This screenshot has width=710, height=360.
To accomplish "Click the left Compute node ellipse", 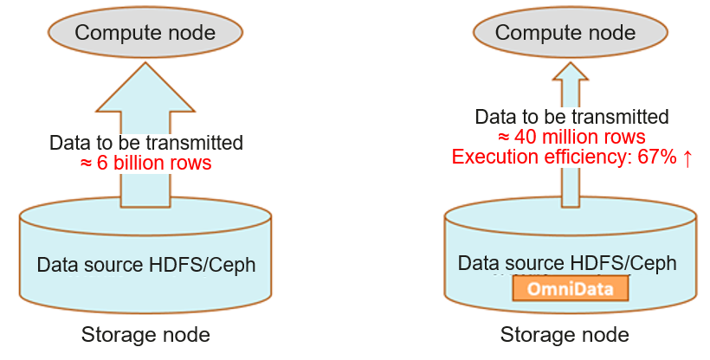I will (x=145, y=33).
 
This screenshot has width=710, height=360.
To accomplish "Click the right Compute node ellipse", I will (x=565, y=33).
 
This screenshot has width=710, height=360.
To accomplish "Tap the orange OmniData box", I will (x=569, y=288).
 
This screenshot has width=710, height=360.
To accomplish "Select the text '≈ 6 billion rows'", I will (x=145, y=163).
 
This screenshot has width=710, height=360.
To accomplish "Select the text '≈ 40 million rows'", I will (x=571, y=137).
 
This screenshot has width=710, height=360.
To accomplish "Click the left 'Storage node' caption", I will (x=145, y=334).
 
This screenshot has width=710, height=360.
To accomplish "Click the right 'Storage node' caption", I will (x=565, y=334).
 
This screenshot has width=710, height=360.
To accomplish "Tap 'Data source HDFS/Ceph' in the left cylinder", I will (x=145, y=265).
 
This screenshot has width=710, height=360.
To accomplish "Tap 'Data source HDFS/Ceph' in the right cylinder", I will (x=566, y=263).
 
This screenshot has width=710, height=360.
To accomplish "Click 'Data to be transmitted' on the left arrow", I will (x=145, y=143).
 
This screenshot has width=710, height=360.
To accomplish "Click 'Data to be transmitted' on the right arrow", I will (x=571, y=117).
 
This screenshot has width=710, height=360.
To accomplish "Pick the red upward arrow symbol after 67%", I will (x=687, y=157).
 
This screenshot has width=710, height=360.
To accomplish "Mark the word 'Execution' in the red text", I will (x=490, y=157).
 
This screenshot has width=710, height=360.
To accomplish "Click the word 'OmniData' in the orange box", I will (x=569, y=288).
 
